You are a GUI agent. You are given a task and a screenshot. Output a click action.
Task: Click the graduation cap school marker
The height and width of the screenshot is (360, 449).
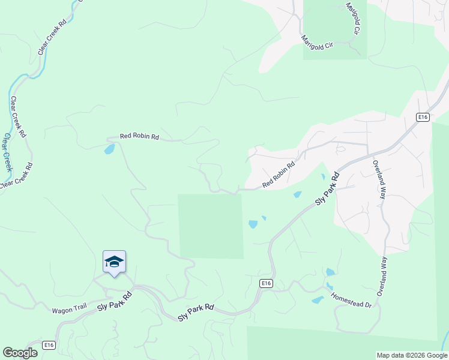click(x=114, y=262)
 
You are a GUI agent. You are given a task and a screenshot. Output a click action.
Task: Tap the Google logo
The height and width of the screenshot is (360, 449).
click(x=20, y=353)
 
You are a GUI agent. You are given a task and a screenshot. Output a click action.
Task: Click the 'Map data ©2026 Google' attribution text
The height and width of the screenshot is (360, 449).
click(x=411, y=355)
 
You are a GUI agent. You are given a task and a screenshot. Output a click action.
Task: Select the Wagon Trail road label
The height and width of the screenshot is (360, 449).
click(x=70, y=310)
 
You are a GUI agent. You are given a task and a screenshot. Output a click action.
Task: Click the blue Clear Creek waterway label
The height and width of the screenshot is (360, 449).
click(x=7, y=152)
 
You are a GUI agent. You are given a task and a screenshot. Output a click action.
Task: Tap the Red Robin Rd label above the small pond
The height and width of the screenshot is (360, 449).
click(x=139, y=137)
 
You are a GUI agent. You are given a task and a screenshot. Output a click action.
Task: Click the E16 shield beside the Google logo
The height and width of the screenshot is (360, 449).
click(x=49, y=345)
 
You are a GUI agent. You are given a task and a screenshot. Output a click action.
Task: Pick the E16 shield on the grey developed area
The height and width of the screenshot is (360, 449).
click(x=423, y=117)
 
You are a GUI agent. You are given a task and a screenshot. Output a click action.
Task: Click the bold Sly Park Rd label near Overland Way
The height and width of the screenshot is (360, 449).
click(x=328, y=188)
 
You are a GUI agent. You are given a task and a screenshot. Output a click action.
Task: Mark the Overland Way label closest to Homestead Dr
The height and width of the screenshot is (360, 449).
click(x=381, y=276)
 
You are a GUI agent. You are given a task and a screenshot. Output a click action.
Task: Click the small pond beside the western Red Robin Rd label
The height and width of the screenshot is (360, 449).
click(x=109, y=149)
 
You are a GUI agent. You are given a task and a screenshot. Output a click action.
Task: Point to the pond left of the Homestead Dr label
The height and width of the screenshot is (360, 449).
click(x=318, y=299)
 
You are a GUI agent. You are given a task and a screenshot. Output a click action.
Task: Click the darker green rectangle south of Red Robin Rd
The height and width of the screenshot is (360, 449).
click(x=211, y=226)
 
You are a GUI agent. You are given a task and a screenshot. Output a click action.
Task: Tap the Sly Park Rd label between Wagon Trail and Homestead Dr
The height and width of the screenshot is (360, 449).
click(x=196, y=312)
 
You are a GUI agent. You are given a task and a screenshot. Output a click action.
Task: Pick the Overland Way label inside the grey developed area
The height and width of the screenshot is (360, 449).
click(x=379, y=179)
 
